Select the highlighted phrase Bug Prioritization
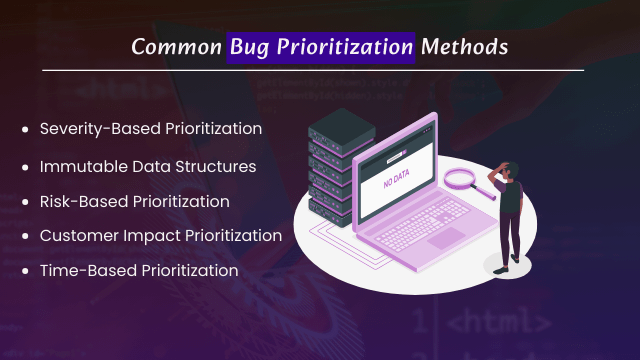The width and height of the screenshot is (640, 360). coord(321,46)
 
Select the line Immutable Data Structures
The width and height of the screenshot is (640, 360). coord(147,165)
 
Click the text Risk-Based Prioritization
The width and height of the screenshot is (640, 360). coord(135,201)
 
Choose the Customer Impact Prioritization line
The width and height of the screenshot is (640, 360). coord(161,236)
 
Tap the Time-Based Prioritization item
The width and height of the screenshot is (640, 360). coord(139,271)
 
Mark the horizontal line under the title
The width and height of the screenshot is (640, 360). coord(320,70)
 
